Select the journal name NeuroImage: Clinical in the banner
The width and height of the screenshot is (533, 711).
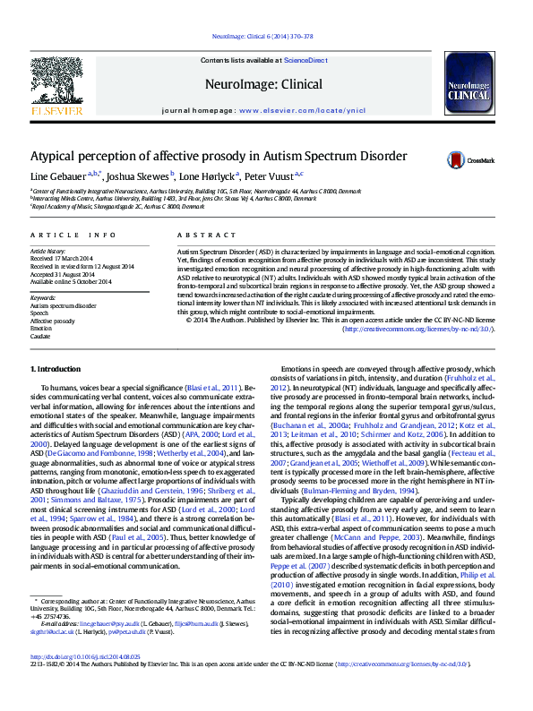pyautogui.click(x=265, y=83)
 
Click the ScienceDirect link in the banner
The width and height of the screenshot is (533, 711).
pyautogui.click(x=306, y=60)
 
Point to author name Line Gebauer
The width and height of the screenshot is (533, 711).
pyautogui.click(x=56, y=176)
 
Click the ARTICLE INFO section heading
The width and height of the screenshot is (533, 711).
pyautogui.click(x=73, y=235)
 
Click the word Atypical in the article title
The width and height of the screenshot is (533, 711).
pyautogui.click(x=59, y=156)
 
